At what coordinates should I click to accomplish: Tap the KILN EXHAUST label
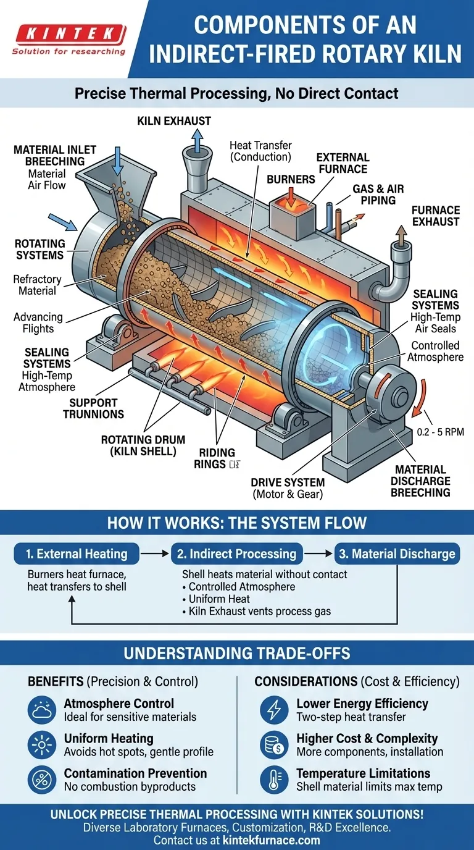pyautogui.click(x=174, y=121)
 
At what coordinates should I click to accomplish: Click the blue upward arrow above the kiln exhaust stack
pyautogui.click(x=196, y=141)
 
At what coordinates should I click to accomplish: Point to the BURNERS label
pyautogui.click(x=291, y=179)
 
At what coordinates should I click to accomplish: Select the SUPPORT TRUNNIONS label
pyautogui.click(x=93, y=408)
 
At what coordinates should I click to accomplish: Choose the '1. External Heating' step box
pyautogui.click(x=77, y=553)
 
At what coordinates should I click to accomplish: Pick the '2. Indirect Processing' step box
pyautogui.click(x=236, y=553)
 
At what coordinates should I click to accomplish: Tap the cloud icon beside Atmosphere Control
pyautogui.click(x=42, y=710)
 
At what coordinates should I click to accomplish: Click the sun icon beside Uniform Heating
pyautogui.click(x=42, y=745)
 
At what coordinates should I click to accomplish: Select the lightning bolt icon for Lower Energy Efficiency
pyautogui.click(x=273, y=710)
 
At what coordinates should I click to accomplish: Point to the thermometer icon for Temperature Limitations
pyautogui.click(x=273, y=780)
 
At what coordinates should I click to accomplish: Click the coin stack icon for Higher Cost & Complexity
pyautogui.click(x=273, y=745)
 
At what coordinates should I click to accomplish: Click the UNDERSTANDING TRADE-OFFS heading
pyautogui.click(x=237, y=653)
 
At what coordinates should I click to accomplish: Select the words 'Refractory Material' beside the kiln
pyautogui.click(x=38, y=285)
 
